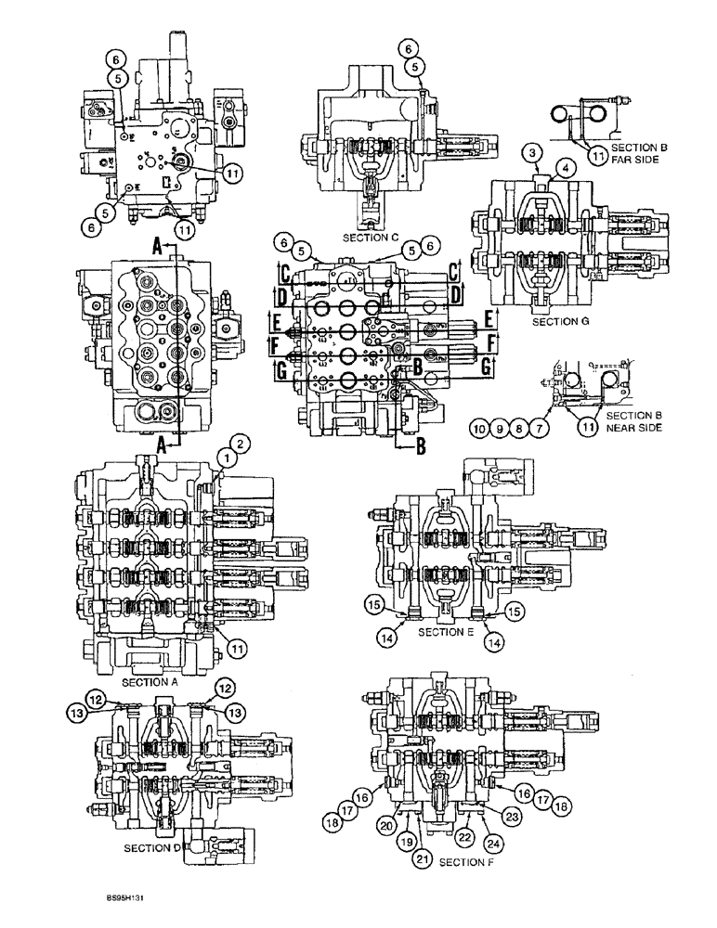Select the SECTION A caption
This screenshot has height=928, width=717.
149,680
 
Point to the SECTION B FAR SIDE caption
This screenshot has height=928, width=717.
631,152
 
